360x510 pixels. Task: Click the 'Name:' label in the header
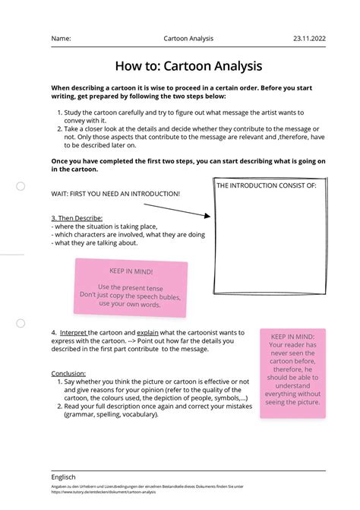pos(62,38)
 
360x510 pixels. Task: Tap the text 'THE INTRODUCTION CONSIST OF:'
pos(266,185)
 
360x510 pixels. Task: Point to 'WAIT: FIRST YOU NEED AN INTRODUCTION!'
pos(115,193)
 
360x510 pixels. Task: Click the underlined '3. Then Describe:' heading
pos(77,218)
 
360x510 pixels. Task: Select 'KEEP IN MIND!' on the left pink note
pos(131,271)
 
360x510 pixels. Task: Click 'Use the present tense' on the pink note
pos(131,287)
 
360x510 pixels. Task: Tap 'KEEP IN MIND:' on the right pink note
pos(292,335)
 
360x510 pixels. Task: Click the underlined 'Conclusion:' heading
pos(68,373)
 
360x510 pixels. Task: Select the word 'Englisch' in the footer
pos(64,477)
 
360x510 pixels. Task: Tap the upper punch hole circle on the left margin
pos(21,186)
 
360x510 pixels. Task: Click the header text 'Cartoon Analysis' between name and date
pos(188,38)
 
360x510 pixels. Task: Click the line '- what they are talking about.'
pos(95,243)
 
